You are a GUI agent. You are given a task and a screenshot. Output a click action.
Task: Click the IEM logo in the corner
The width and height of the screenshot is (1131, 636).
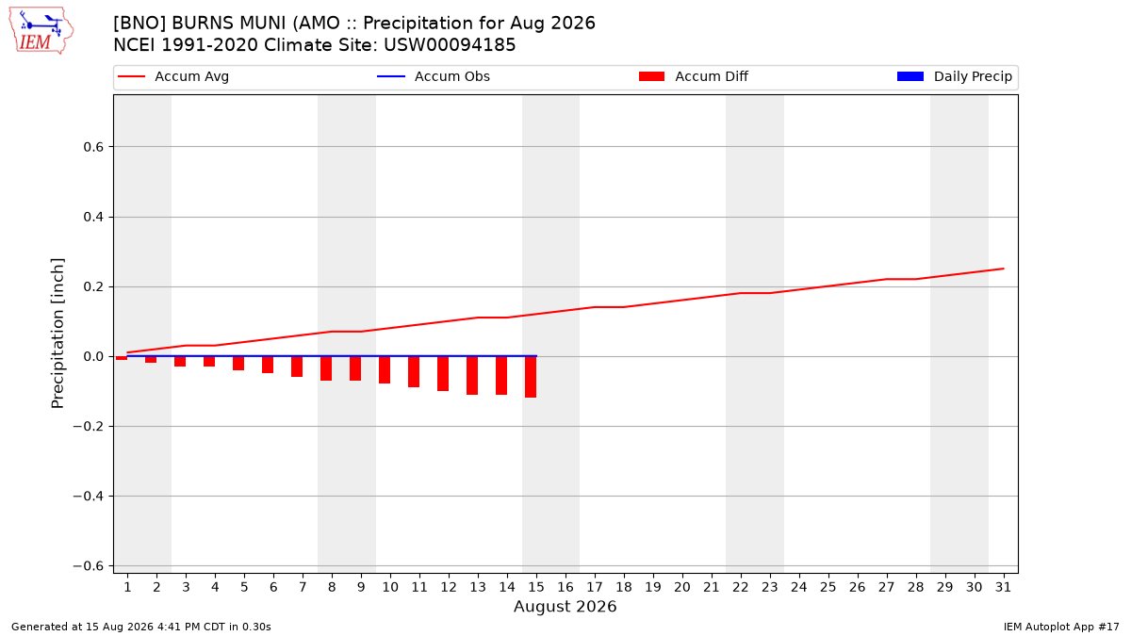pyautogui.click(x=41, y=31)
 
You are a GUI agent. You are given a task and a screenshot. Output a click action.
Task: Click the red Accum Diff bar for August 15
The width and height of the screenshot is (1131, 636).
pyautogui.click(x=530, y=377)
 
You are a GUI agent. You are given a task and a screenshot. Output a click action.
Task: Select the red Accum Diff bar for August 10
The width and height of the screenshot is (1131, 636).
pyautogui.click(x=385, y=370)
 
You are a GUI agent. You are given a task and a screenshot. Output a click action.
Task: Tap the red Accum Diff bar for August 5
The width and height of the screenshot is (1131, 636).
pyautogui.click(x=238, y=364)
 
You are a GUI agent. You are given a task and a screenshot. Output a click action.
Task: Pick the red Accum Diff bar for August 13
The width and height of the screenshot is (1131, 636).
pyautogui.click(x=472, y=376)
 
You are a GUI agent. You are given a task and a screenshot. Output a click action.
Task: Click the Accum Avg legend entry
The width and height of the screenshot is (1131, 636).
pyautogui.click(x=173, y=76)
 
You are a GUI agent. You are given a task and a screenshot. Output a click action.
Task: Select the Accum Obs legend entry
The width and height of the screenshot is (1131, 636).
pyautogui.click(x=434, y=76)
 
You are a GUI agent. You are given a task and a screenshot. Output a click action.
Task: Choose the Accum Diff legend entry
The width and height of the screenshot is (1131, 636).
pyautogui.click(x=694, y=76)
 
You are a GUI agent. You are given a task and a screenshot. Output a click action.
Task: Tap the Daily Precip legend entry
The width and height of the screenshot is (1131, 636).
pyautogui.click(x=954, y=76)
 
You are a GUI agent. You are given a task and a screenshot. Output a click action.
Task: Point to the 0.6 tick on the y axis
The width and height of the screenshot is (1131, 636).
pyautogui.click(x=93, y=147)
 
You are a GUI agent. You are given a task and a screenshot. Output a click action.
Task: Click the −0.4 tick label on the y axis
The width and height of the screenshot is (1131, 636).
pyautogui.click(x=89, y=497)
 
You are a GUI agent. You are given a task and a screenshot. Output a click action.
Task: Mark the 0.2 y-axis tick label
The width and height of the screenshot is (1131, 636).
pyautogui.click(x=93, y=287)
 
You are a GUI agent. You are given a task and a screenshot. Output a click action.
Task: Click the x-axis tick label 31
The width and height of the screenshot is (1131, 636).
pyautogui.click(x=1003, y=588)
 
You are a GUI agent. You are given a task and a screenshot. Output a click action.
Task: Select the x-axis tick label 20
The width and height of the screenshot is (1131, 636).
pyautogui.click(x=682, y=588)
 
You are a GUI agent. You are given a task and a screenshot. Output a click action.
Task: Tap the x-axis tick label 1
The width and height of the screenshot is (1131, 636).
pyautogui.click(x=128, y=588)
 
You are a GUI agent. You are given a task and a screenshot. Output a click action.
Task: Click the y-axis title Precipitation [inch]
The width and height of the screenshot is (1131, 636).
pyautogui.click(x=57, y=334)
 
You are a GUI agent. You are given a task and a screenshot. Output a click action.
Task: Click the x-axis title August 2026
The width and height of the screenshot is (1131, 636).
pyautogui.click(x=565, y=607)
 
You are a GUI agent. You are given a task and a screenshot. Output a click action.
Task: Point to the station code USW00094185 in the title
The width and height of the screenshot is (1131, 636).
pyautogui.click(x=450, y=45)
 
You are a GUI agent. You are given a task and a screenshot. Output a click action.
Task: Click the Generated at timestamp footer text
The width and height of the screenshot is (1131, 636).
pyautogui.click(x=140, y=627)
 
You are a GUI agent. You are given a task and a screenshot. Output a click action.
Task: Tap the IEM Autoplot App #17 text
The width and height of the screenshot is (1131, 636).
pyautogui.click(x=1061, y=627)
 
